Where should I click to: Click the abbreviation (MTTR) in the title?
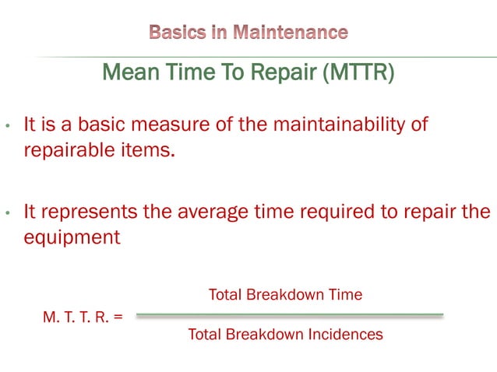coord(356,74)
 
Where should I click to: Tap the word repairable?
coord(68,149)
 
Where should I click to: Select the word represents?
coord(92,212)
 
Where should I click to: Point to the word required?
coord(337,212)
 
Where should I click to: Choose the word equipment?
coord(72,237)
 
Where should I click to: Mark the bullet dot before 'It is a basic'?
coord(7,126)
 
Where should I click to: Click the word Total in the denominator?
coord(206,335)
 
